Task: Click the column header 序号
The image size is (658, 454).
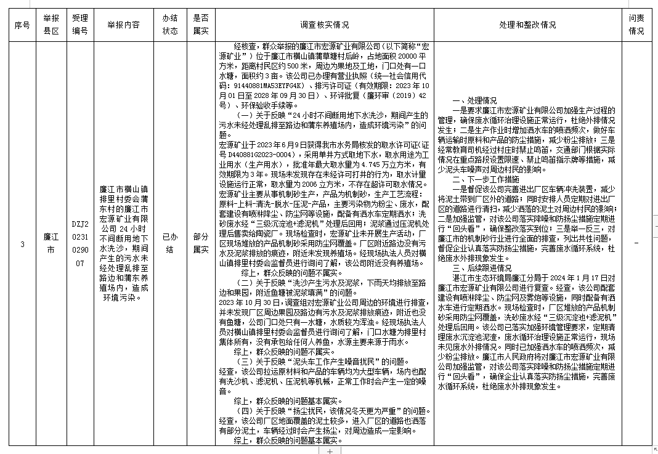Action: (x=22, y=25)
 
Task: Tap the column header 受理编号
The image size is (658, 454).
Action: (x=80, y=25)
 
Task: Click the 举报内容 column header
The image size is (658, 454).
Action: (x=123, y=25)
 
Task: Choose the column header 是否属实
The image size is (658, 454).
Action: (x=200, y=25)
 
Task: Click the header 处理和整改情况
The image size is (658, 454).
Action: (x=527, y=25)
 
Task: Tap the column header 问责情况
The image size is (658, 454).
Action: (x=636, y=25)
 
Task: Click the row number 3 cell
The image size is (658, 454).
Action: (x=22, y=245)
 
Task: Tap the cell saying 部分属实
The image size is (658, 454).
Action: (x=200, y=245)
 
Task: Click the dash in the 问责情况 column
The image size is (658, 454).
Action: (x=636, y=245)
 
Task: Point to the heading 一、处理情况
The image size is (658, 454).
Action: (x=475, y=100)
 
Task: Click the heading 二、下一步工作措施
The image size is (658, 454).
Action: (x=486, y=180)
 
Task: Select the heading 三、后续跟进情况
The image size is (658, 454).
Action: (x=482, y=269)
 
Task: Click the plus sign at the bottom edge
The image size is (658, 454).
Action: (x=330, y=451)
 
